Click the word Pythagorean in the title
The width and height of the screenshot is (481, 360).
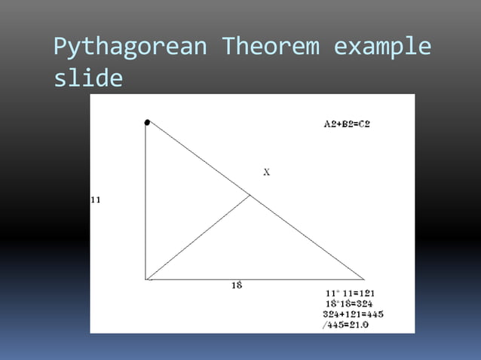pyautogui.click(x=130, y=47)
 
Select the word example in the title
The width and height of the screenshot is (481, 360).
pyautogui.click(x=382, y=47)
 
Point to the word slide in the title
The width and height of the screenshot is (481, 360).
pyautogui.click(x=88, y=78)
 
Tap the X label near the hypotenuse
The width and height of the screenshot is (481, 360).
pyautogui.click(x=267, y=172)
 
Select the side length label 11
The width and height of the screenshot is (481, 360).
pyautogui.click(x=96, y=200)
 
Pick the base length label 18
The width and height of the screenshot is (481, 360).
pyautogui.click(x=236, y=285)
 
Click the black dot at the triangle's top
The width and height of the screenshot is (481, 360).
pyautogui.click(x=147, y=122)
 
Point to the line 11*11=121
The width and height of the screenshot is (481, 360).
pyautogui.click(x=351, y=293)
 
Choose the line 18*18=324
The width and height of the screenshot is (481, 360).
pyautogui.click(x=351, y=304)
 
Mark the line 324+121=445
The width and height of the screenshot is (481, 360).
pyautogui.click(x=353, y=313)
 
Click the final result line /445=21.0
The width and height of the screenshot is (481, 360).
pyautogui.click(x=351, y=325)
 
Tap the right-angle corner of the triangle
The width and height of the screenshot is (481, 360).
pyautogui.click(x=146, y=279)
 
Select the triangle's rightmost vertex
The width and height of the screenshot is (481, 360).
pyautogui.click(x=364, y=279)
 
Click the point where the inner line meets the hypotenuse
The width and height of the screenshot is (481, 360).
pyautogui.click(x=251, y=196)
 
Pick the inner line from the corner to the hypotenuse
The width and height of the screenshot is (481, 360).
pyautogui.click(x=199, y=237)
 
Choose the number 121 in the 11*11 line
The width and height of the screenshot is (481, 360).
pyautogui.click(x=366, y=293)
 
